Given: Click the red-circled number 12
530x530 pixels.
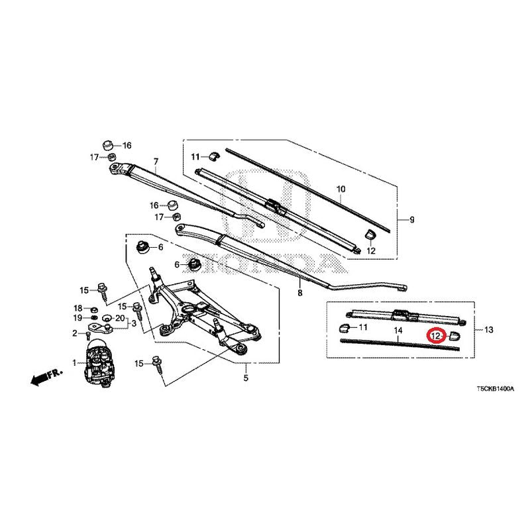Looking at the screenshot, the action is pos(436,336).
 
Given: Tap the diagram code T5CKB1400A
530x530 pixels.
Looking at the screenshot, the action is pos(495,389).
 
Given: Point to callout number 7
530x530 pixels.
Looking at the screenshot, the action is pos(156,162).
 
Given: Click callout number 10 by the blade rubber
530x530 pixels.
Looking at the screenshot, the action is pos(341,189).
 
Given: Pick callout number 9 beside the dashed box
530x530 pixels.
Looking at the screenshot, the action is pos(411,220).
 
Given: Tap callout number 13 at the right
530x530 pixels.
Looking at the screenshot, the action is pos(489,329).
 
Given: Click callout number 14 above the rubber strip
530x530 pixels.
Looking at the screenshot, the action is pos(399,330).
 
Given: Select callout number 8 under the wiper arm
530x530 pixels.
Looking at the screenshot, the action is pos(300,293).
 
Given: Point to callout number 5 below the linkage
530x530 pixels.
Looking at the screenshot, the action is pos(246,378).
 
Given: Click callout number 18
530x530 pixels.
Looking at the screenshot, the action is pos(78,308).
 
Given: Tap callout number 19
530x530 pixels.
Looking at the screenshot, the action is pos(78,318).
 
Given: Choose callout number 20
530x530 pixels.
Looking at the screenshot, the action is pos(121,318).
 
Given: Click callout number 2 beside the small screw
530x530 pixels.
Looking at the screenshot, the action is pos(75,333).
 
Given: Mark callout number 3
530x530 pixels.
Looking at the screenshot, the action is pos(134,323).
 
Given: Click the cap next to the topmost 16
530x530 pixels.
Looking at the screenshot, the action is pos(108,145).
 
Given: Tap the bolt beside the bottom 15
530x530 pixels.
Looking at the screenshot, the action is pos(158,364).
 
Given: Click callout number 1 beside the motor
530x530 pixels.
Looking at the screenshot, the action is pos(74,363).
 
